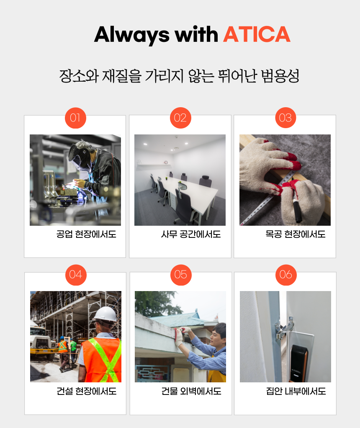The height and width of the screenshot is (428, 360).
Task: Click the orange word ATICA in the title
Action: pyautogui.click(x=257, y=34)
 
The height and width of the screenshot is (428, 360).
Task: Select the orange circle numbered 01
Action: pyautogui.click(x=75, y=118)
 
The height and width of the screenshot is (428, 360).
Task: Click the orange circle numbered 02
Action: pyautogui.click(x=180, y=118)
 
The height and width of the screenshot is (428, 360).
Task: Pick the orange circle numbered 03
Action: pyautogui.click(x=285, y=118)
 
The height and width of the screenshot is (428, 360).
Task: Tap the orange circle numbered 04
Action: pyautogui.click(x=76, y=275)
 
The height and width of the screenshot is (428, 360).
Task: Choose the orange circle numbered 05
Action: pyautogui.click(x=181, y=275)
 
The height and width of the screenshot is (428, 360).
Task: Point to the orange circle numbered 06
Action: pyautogui.click(x=286, y=275)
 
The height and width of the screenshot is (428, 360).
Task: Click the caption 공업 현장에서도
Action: pyautogui.click(x=86, y=234)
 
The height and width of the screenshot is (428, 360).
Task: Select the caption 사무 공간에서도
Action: pyautogui.click(x=191, y=234)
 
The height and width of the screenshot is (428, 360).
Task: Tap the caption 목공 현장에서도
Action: pyautogui.click(x=296, y=234)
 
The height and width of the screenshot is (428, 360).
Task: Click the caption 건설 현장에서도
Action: pyautogui.click(x=87, y=391)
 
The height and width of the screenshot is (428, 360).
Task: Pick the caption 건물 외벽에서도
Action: pyautogui.click(x=191, y=391)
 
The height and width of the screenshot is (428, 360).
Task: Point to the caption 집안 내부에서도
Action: pyautogui.click(x=296, y=391)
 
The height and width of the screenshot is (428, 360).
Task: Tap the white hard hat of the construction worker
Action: pyautogui.click(x=105, y=314)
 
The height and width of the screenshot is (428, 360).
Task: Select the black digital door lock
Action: pyautogui.click(x=298, y=363)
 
